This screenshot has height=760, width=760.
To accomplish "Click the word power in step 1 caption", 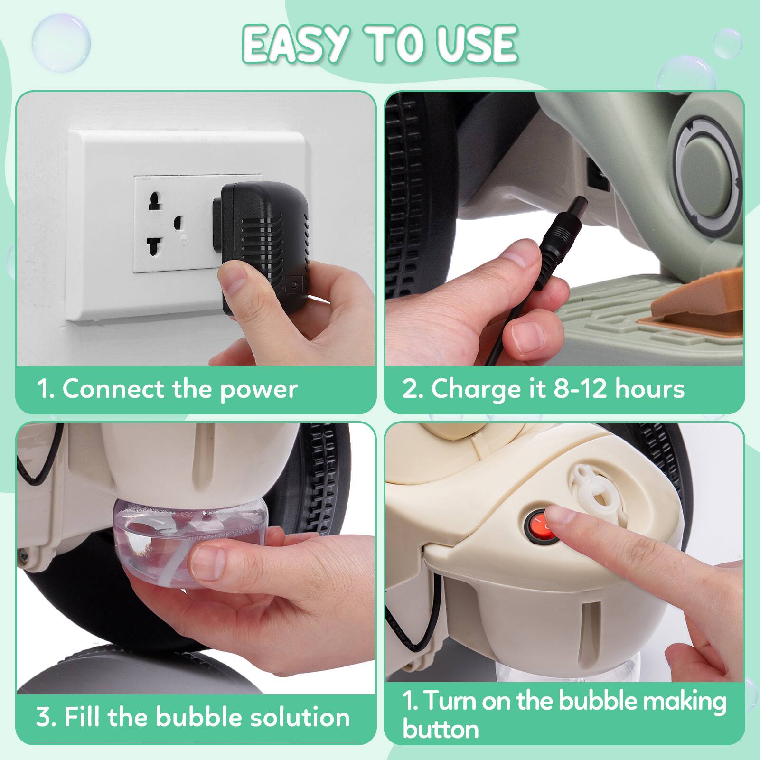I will click(x=259, y=389).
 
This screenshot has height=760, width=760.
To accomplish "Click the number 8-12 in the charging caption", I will click(x=580, y=389).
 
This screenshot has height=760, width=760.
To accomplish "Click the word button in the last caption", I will click(x=441, y=729).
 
